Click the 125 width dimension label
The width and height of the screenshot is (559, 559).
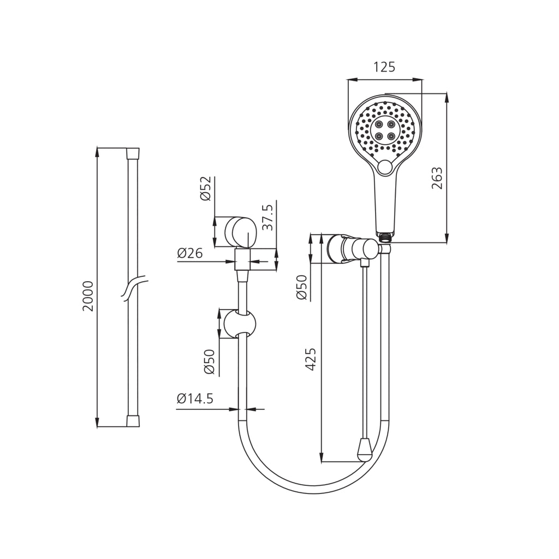click(x=384, y=67)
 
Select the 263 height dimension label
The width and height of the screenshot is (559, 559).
click(x=437, y=178)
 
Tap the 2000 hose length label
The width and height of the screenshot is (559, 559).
click(x=88, y=296)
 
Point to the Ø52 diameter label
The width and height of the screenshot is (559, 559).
click(x=206, y=188)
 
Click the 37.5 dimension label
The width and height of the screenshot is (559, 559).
click(x=267, y=217)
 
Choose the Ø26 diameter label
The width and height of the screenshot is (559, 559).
click(x=189, y=253)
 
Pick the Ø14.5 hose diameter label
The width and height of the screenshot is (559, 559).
click(x=195, y=398)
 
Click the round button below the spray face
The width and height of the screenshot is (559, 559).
click(x=384, y=167)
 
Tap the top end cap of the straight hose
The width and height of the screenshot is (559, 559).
click(x=133, y=153)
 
